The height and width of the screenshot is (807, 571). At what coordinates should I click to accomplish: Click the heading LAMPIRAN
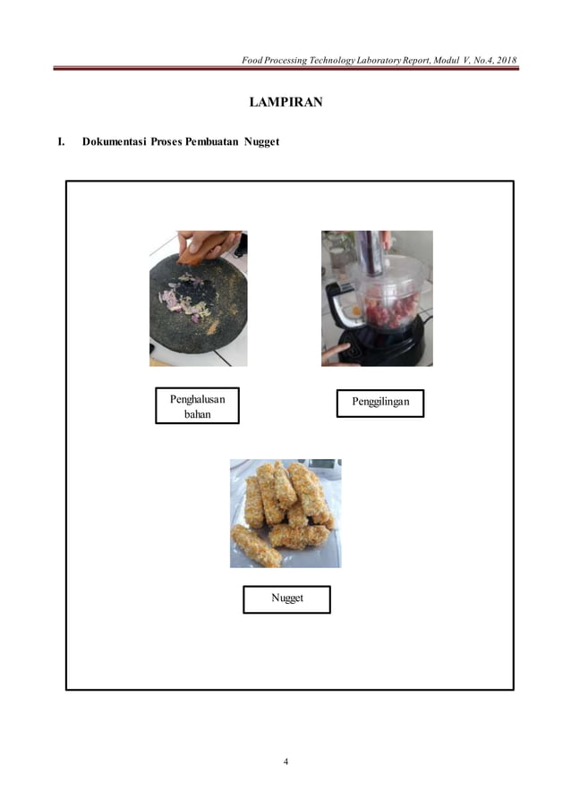coord(285,103)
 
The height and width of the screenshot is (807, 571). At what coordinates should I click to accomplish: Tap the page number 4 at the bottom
coord(285,761)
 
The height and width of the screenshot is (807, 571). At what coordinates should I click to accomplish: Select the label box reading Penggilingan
coord(379,403)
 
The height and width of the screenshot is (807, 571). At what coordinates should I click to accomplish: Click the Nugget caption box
coord(286,599)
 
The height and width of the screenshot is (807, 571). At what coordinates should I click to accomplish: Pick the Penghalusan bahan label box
coord(197,405)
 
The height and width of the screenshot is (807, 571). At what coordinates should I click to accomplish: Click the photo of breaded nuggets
coord(285,513)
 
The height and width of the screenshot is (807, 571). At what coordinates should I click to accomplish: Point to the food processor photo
coord(377,298)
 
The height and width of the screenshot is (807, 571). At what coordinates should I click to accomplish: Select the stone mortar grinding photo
coord(198,298)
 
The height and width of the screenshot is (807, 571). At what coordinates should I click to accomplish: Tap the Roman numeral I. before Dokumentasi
coord(61,142)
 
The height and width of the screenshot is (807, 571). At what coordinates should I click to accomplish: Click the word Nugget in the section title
coord(261,142)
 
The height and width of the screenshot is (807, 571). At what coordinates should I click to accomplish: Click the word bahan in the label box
coord(197,414)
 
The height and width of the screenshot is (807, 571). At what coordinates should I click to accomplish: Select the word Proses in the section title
coord(166,142)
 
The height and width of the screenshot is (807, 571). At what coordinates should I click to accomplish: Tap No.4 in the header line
coord(469,60)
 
